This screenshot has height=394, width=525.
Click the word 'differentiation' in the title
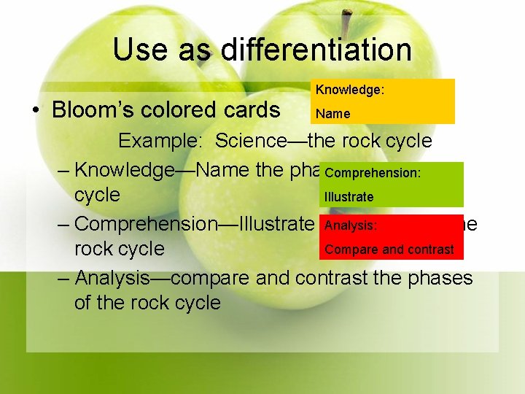point(316,50)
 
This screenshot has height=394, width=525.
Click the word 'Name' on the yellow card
point(332,114)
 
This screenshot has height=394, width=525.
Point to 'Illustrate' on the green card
point(349,197)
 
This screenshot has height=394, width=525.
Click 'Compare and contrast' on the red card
point(389,250)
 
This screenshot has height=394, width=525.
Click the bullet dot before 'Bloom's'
point(34,111)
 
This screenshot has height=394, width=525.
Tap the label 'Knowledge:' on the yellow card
point(350,90)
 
